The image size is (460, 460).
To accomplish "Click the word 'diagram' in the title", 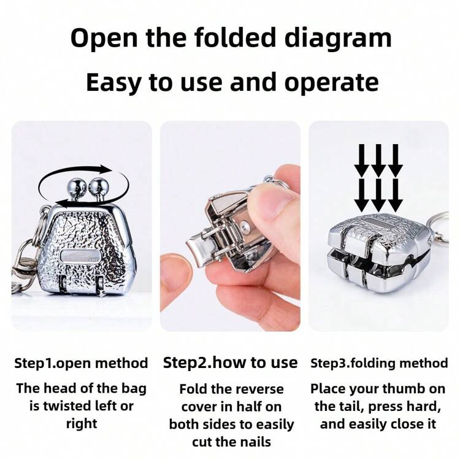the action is pos(338,39).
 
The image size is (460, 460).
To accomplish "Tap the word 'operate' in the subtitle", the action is pos(331,83).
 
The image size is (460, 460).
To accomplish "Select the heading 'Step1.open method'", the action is pos(81,363).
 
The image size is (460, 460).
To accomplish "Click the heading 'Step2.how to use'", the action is pos(230,362).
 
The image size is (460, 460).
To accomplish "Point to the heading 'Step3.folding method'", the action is pos(379,363).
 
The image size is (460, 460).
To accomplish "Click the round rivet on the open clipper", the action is pos(244,226).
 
